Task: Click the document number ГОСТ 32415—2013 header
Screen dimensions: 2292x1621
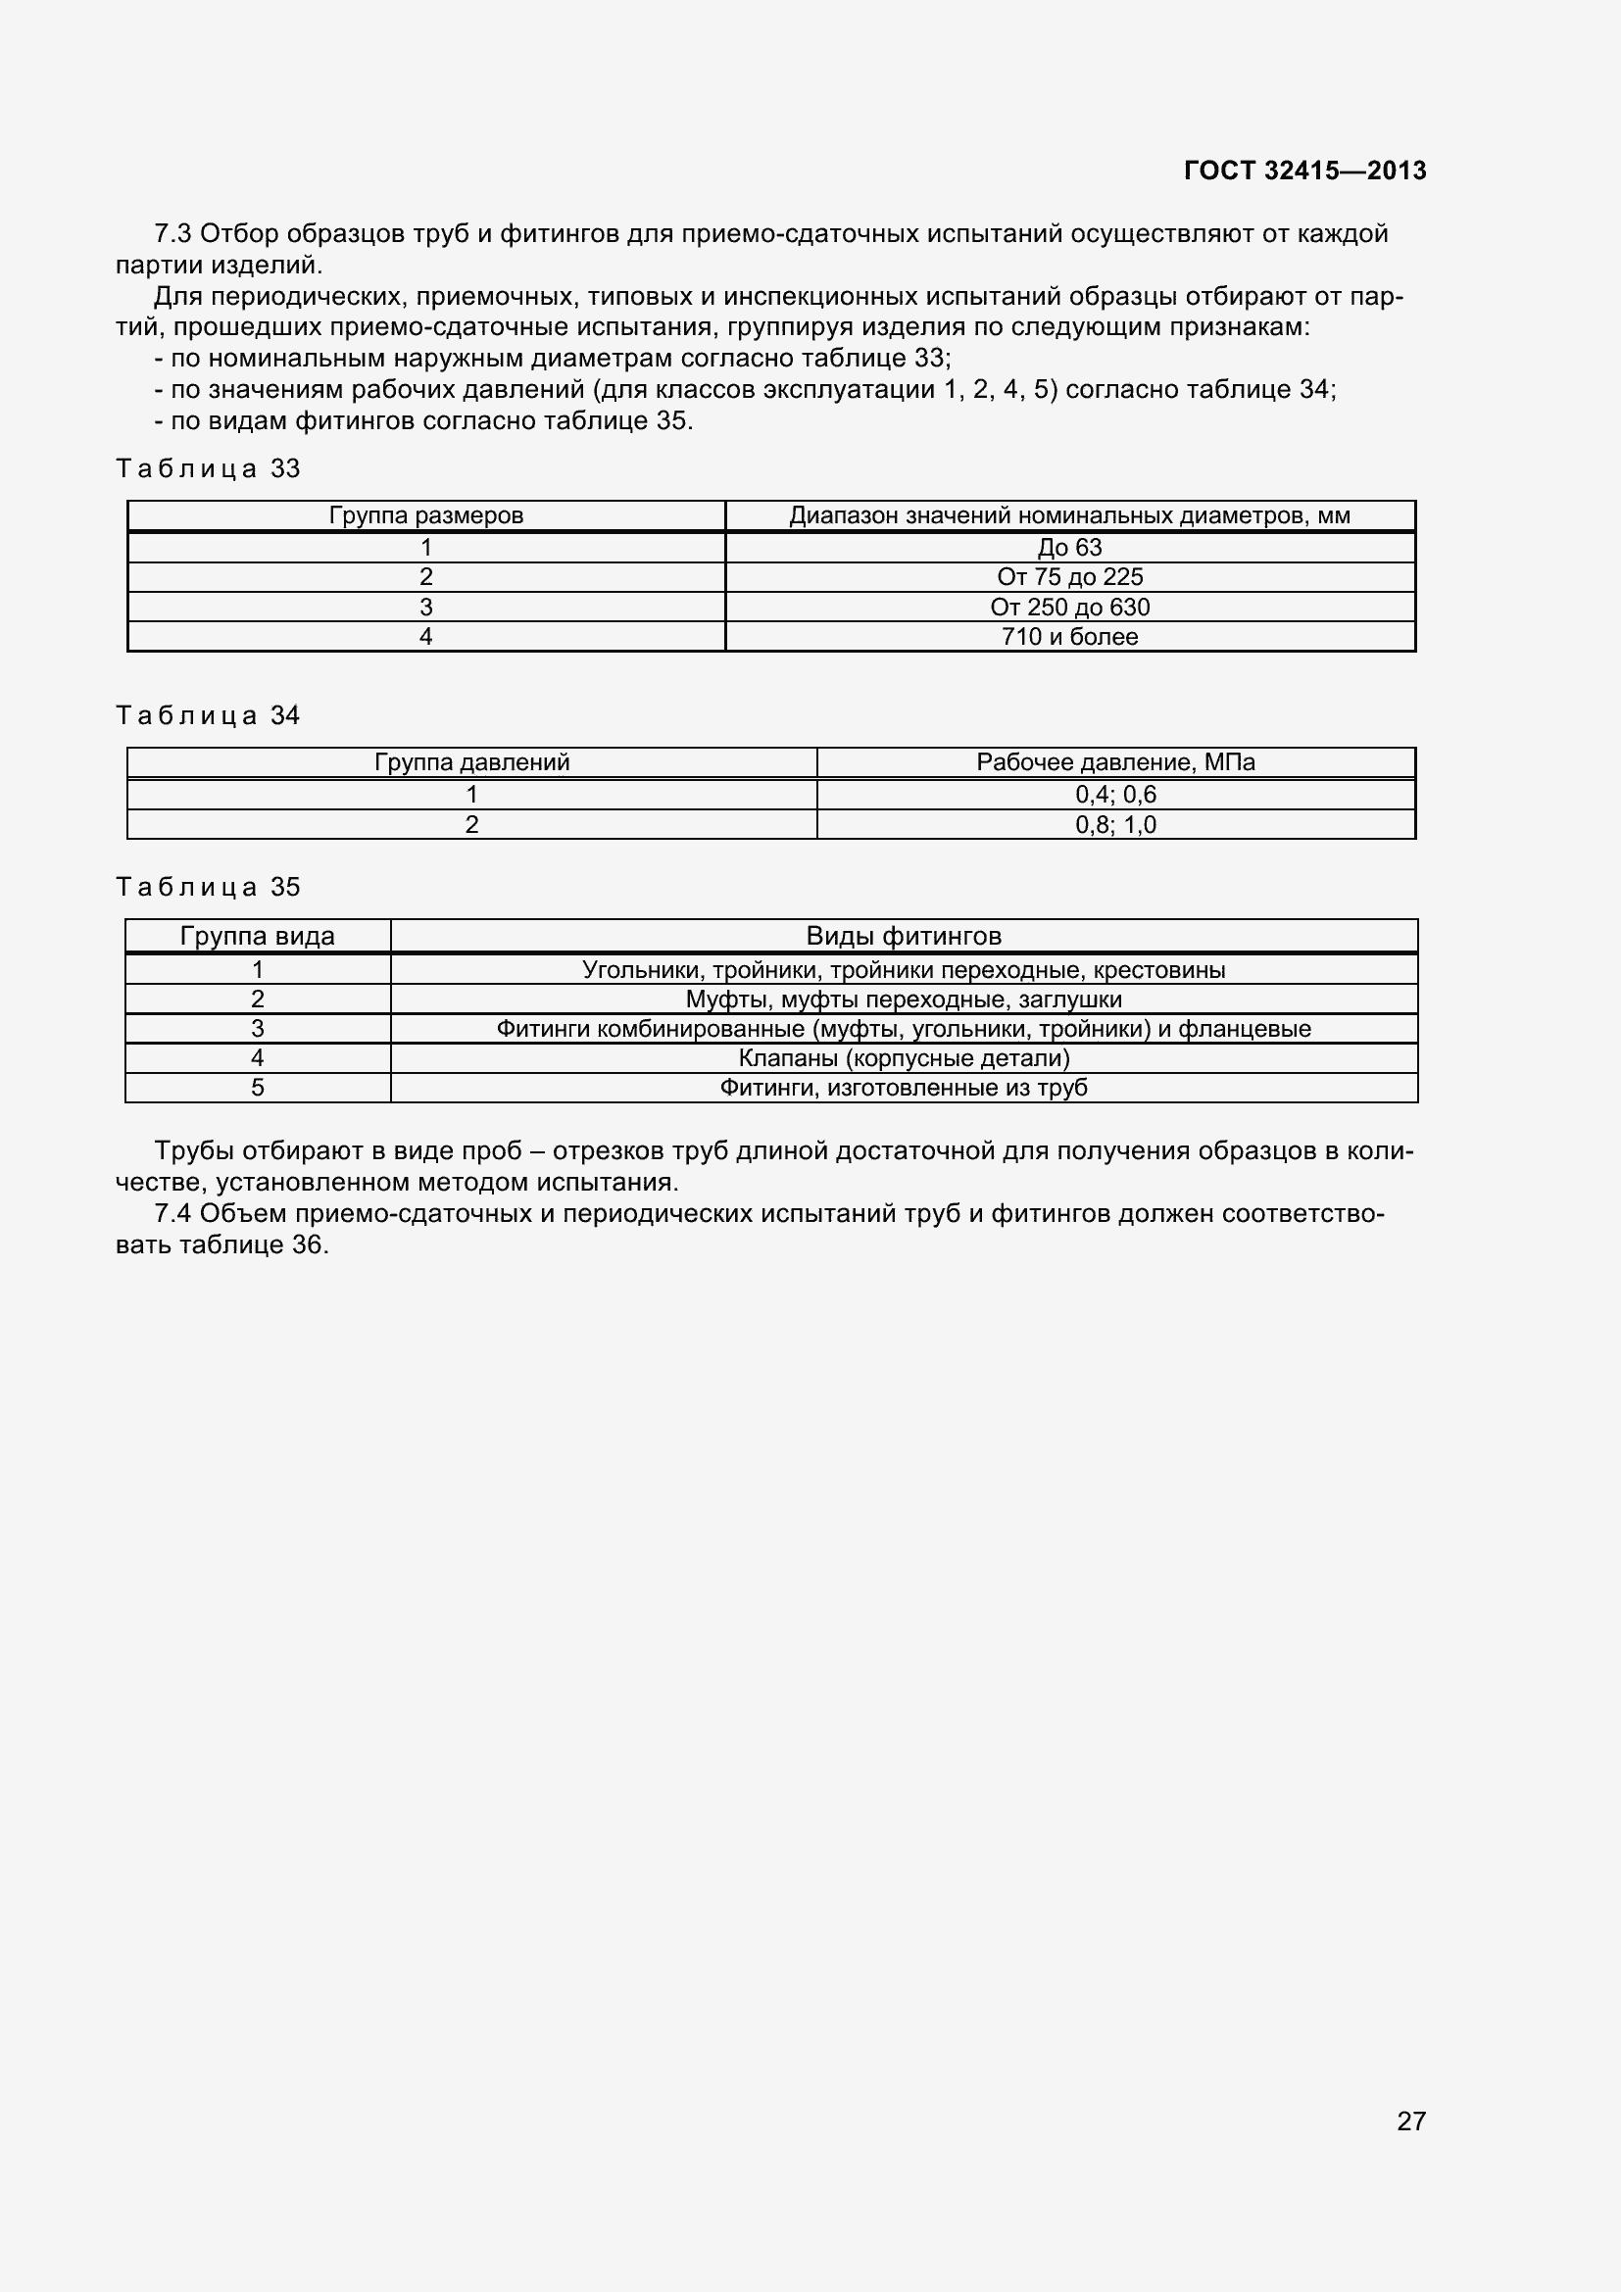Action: coord(1304,171)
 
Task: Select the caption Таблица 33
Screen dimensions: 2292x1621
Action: coord(208,468)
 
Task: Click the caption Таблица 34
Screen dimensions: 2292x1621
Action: coord(208,714)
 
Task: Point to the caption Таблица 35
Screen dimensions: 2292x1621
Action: coord(208,887)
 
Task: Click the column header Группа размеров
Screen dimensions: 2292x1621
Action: coord(426,515)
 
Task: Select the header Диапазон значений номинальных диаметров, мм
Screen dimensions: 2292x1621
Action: coord(1069,515)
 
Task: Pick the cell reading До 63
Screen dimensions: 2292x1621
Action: coord(1069,547)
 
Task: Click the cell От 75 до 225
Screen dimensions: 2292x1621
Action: coord(1069,577)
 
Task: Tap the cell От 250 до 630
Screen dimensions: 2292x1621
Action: coord(1069,607)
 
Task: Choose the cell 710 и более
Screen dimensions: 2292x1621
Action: coord(1069,637)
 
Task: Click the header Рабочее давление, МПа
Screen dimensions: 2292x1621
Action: coord(1115,761)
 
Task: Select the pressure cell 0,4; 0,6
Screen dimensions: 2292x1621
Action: coord(1115,795)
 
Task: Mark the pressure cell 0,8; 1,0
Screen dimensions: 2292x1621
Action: coord(1115,824)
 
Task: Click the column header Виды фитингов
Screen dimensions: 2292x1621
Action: coord(904,936)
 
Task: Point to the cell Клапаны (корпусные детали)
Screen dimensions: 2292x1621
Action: coord(904,1058)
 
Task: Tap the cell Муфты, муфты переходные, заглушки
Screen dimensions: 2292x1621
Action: coord(904,1000)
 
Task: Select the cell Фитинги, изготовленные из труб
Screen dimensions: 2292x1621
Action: coord(904,1087)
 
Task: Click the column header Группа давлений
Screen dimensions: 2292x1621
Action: coord(471,761)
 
